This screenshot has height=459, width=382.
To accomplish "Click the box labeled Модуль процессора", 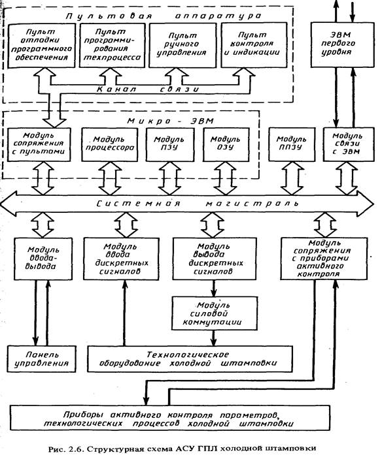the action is [x=110, y=144].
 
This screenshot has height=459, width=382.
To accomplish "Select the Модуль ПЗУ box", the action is [x=170, y=144].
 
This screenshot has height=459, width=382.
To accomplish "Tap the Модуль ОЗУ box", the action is [x=226, y=144].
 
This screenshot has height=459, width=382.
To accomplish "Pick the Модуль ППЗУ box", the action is [x=292, y=144].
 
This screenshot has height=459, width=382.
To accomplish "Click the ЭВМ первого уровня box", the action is [x=342, y=45].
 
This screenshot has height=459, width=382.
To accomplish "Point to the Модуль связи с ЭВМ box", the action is [x=349, y=144].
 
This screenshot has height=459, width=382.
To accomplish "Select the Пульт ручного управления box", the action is [x=182, y=45].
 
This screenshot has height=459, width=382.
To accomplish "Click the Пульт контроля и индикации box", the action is [x=254, y=45].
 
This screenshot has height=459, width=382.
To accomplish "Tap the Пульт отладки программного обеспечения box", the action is [x=41, y=45].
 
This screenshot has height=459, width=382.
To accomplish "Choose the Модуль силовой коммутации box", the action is [x=215, y=313].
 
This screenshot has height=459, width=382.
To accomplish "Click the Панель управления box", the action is [x=41, y=359].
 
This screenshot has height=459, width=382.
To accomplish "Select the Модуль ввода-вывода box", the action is [x=43, y=259].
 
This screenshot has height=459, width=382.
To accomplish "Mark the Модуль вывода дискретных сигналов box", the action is [x=215, y=259].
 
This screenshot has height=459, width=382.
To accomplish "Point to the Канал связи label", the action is [x=148, y=89].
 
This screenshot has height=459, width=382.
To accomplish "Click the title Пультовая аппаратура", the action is [x=164, y=16].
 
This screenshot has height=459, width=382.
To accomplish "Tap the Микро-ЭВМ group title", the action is [x=171, y=121].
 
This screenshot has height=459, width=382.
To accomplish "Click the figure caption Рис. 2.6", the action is [x=182, y=449].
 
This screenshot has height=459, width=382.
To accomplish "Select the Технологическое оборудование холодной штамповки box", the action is [x=190, y=359].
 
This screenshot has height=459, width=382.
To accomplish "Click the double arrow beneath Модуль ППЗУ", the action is [x=292, y=178].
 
